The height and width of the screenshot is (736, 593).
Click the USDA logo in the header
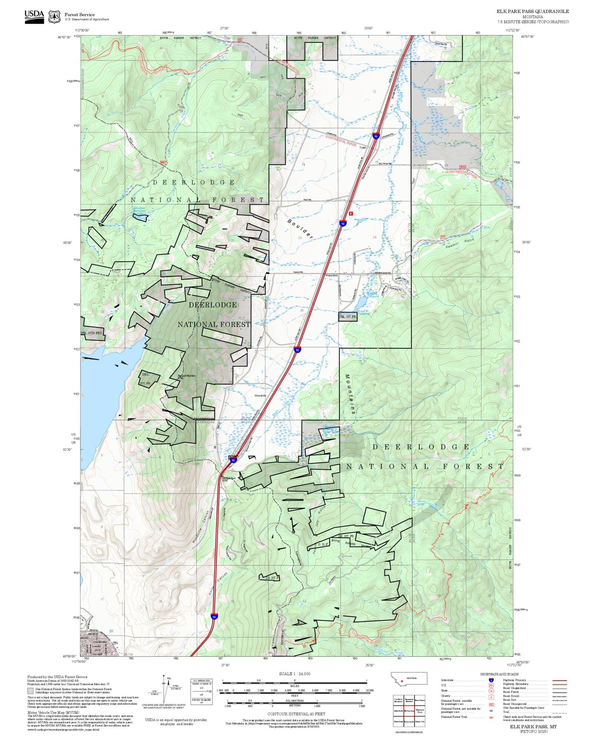coord(34,16)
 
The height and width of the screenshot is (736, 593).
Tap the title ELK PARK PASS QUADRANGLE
coord(533,11)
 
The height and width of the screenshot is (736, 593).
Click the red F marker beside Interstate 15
coord(350,214)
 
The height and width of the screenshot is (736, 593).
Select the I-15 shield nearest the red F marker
coord(343,224)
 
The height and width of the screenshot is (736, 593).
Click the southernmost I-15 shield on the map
coord(214,616)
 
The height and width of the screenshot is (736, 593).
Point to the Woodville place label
coord(260,395)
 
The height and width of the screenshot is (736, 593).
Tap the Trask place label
coord(362,148)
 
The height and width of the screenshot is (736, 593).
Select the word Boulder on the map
coord(300,229)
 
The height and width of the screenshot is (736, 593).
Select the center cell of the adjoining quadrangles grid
coord(409,711)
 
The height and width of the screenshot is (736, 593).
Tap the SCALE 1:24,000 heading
coord(295,674)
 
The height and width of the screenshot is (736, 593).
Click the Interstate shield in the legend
coord(491,680)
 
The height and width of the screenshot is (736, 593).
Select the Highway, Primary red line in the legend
coord(560,680)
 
